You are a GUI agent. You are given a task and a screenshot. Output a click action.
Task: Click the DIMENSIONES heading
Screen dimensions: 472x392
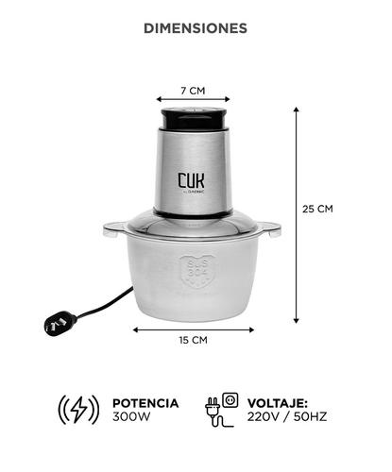tap(196, 28)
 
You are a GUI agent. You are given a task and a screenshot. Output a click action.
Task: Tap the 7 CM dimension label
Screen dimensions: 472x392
tap(193, 91)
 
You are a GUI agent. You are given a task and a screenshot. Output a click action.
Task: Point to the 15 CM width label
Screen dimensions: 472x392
tap(193, 340)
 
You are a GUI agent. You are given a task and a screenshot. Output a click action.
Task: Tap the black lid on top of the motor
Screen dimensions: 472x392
tap(193, 119)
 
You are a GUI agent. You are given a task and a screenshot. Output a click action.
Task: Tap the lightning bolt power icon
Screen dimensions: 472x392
tap(79, 409)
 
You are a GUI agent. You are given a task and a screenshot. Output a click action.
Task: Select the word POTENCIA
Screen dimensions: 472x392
tap(145, 403)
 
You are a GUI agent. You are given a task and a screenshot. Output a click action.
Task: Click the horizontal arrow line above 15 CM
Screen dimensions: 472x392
tap(193, 329)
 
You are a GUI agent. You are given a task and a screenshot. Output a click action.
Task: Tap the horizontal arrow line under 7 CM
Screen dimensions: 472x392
tap(193, 100)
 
